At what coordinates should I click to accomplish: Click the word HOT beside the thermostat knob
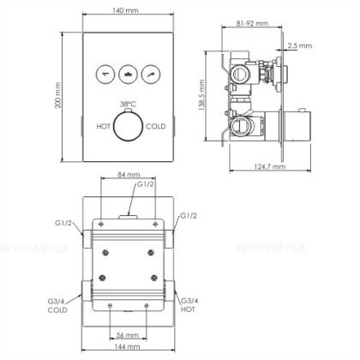pyautogui.click(x=104, y=126)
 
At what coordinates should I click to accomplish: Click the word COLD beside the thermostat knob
pyautogui.click(x=156, y=126)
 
